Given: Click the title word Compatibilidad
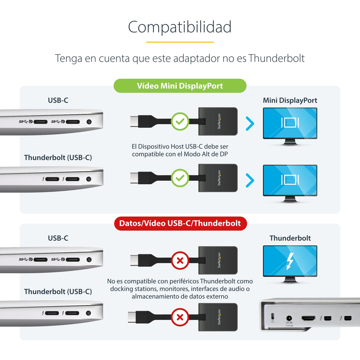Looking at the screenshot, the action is [180, 27].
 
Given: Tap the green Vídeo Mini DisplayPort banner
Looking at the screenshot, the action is [180, 86].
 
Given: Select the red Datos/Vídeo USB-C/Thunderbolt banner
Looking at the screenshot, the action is [180, 223].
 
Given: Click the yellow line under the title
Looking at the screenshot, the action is [180, 42].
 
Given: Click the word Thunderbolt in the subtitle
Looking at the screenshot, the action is [276, 58].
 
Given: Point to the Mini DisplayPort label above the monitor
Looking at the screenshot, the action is [290, 100].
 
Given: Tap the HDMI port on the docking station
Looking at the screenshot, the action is [308, 319].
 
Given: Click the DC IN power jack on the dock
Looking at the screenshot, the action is [289, 318].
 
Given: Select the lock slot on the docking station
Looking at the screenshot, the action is [272, 316].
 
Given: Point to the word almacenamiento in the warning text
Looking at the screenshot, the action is [153, 296].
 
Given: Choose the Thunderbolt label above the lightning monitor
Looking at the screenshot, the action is [290, 238].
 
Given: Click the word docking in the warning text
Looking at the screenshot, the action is [121, 289].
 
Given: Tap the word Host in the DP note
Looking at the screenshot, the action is [178, 147].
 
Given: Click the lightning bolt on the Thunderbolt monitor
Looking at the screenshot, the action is [290, 261].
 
